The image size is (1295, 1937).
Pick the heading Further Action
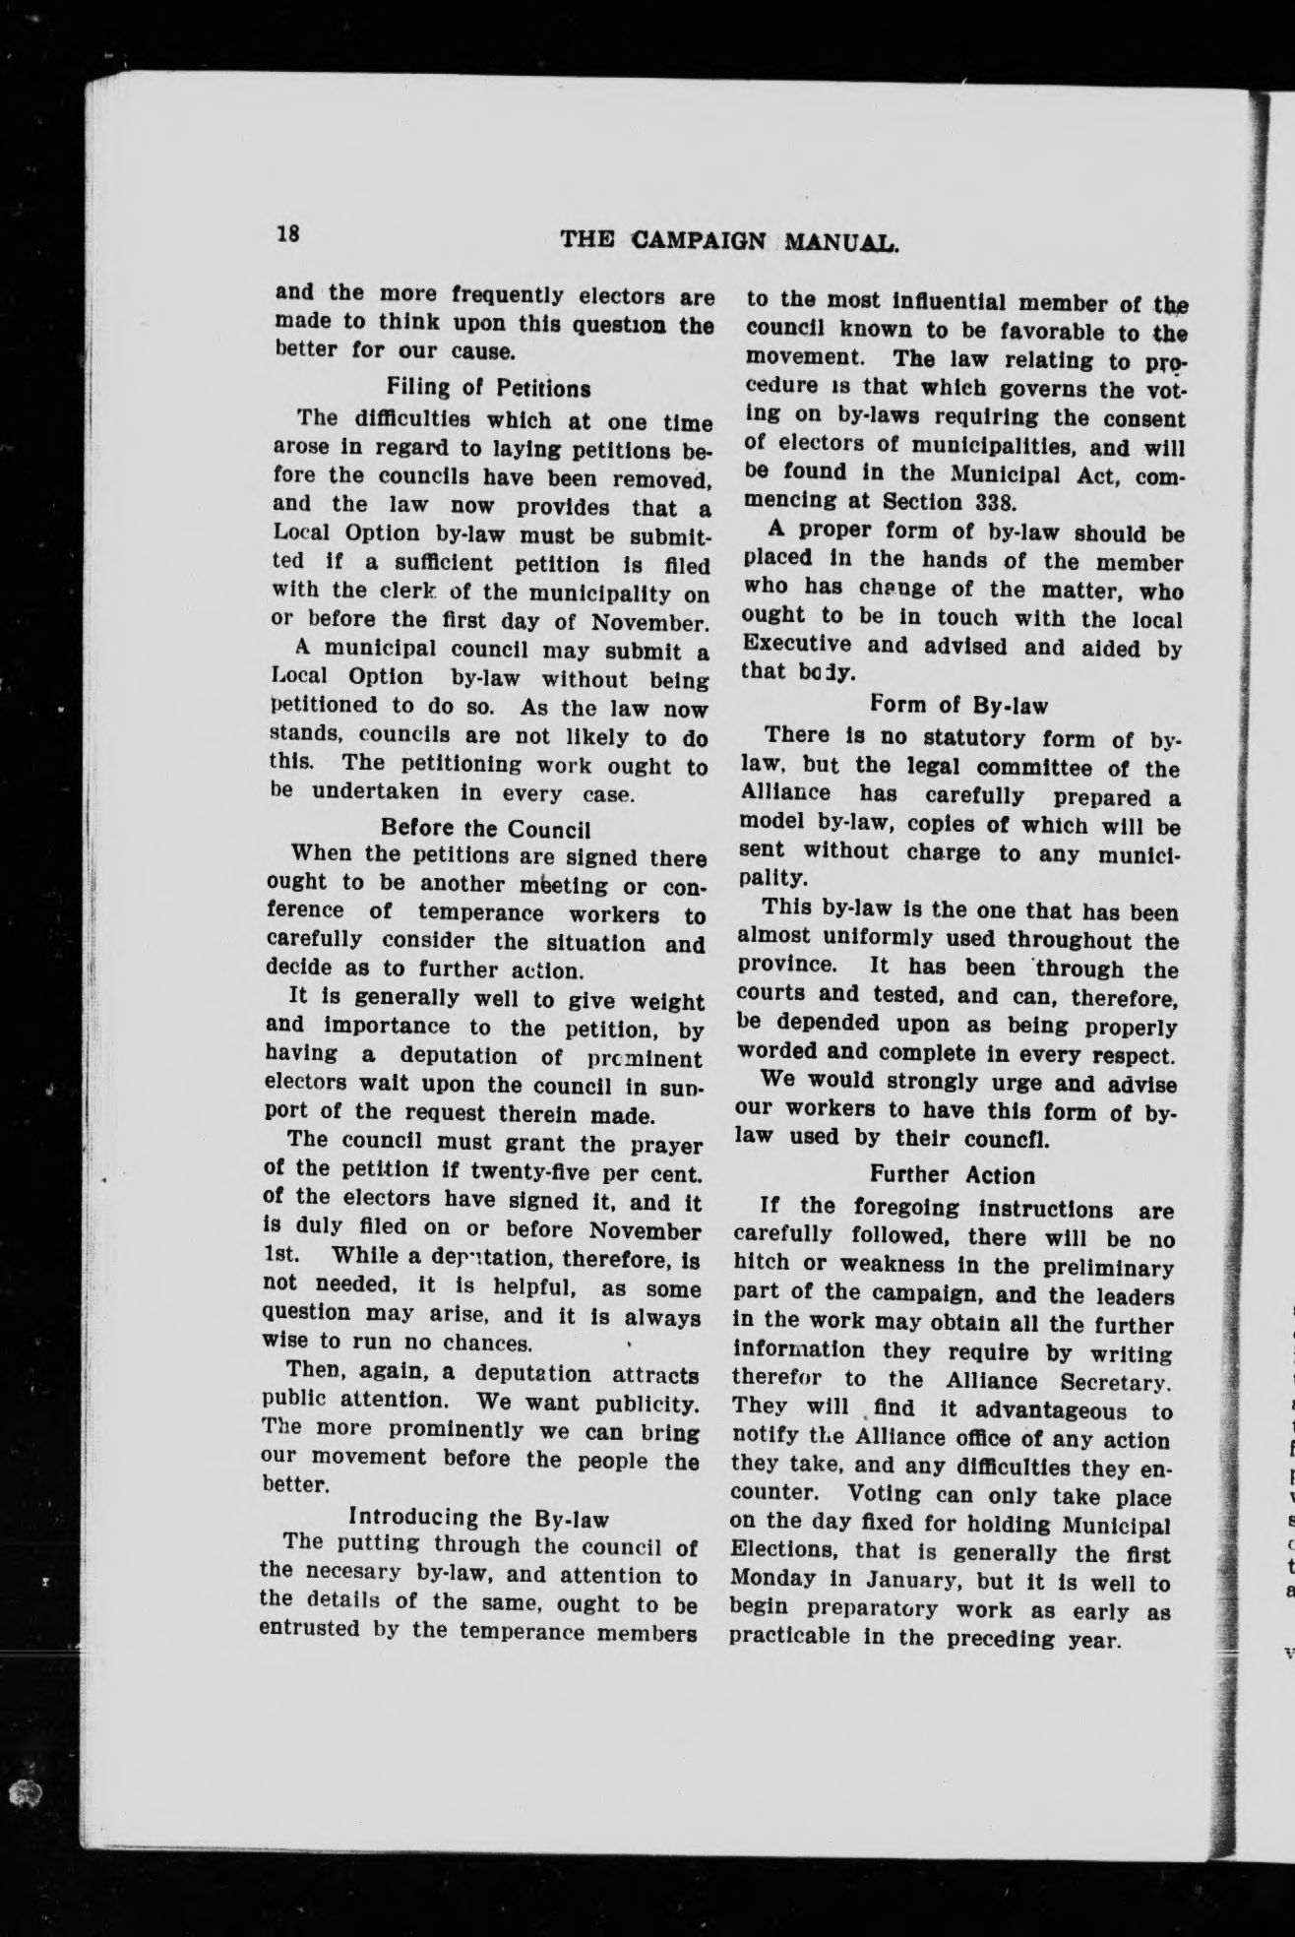point(953,1175)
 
